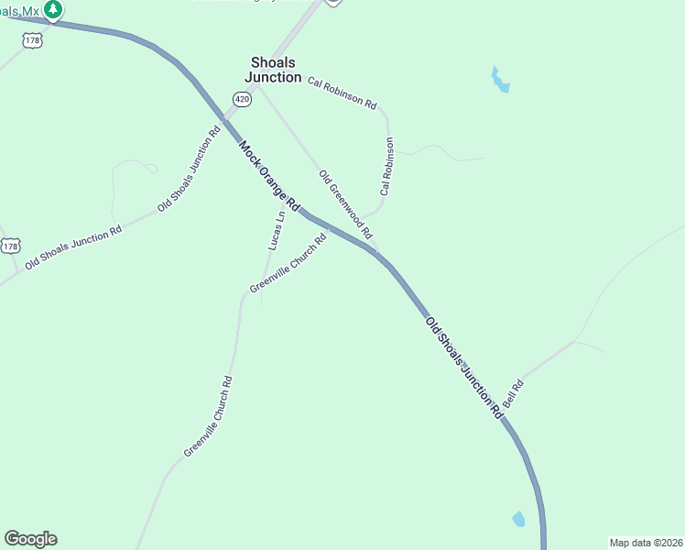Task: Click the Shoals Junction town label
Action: (275, 70)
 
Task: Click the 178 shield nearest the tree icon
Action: (34, 40)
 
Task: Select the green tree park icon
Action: (53, 10)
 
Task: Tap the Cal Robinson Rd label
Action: (342, 93)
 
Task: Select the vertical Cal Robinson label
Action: (387, 166)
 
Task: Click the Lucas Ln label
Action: (276, 230)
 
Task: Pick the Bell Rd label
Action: (512, 394)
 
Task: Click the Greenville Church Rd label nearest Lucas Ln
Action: (288, 265)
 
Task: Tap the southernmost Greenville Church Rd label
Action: (208, 417)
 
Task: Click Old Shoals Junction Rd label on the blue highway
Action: (464, 368)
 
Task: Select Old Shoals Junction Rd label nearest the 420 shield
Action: (190, 168)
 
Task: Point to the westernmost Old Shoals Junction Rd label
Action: (73, 247)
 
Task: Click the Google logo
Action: (30, 539)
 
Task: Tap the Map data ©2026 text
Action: (646, 543)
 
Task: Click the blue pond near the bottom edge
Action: (519, 519)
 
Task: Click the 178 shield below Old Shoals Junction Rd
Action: (9, 246)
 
